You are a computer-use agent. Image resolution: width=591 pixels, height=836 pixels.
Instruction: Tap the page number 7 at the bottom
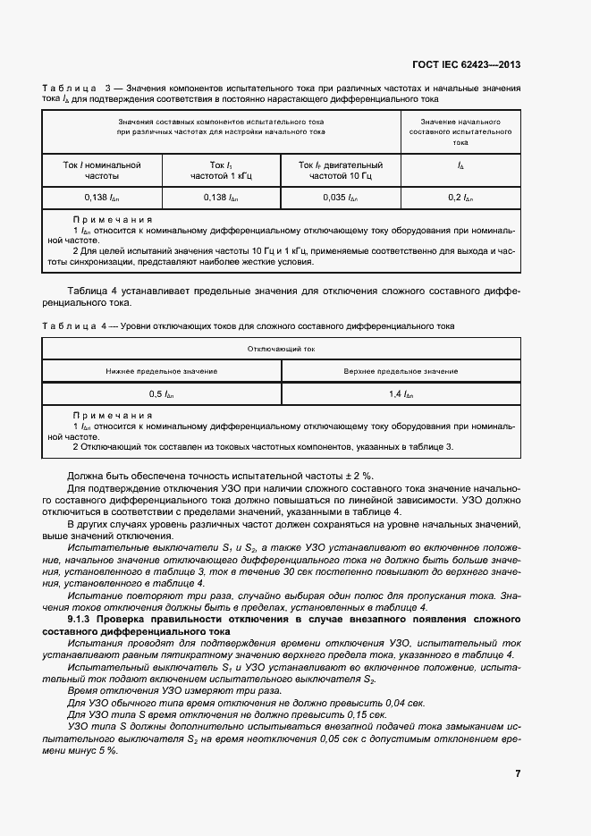517,773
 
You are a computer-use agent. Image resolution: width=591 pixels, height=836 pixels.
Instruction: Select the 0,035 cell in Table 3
340,197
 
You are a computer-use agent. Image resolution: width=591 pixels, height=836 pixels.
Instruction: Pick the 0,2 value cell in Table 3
460,197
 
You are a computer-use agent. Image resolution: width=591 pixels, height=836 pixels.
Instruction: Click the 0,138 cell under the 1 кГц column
221,197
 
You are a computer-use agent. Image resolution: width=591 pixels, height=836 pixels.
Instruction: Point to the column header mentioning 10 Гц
340,171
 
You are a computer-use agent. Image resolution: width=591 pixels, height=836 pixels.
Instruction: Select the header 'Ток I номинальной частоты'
102,171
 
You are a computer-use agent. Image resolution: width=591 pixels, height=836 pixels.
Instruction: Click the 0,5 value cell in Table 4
162,393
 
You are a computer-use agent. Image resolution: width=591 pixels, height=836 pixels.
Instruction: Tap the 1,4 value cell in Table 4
400,393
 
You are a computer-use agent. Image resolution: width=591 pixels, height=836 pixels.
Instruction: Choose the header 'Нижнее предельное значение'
162,370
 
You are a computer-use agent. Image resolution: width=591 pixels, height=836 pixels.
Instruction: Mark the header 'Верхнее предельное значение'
400,370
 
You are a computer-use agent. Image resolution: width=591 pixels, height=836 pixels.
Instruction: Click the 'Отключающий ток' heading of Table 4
281,349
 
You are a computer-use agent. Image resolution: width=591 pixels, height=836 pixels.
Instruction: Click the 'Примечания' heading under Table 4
112,416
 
